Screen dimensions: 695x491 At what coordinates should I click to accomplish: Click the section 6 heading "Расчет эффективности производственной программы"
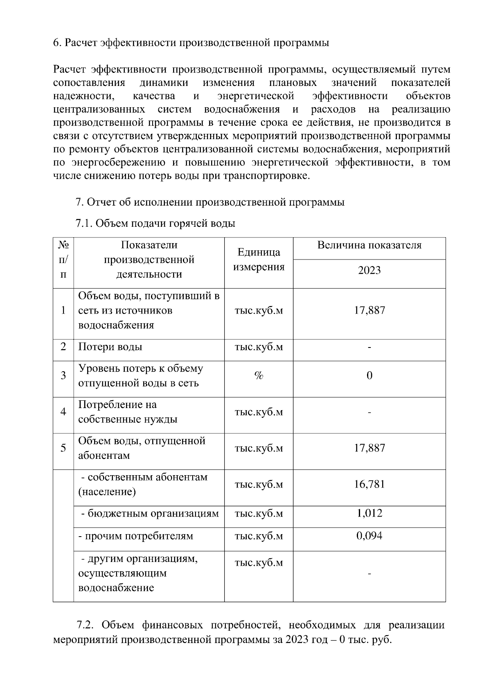(x=191, y=43)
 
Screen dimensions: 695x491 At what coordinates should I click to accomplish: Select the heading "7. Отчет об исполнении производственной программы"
(x=210, y=202)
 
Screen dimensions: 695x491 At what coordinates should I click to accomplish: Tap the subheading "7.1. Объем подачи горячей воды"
(x=155, y=223)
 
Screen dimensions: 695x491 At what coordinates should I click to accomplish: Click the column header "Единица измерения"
(x=259, y=259)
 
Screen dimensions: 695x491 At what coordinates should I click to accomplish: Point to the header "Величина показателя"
(x=369, y=246)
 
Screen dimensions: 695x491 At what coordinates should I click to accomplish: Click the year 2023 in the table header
(x=369, y=271)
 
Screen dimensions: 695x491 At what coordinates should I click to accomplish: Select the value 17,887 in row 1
(x=369, y=310)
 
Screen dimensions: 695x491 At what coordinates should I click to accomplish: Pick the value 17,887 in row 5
(x=369, y=448)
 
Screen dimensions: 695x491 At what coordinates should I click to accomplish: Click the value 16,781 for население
(x=369, y=485)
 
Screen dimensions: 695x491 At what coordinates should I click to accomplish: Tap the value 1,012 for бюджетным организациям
(x=369, y=513)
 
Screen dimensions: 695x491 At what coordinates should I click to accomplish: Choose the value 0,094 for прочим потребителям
(x=369, y=536)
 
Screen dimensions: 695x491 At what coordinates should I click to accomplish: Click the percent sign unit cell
(x=259, y=376)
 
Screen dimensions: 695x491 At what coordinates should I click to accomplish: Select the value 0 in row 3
(x=369, y=376)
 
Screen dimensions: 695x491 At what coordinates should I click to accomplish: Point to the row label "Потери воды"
(x=110, y=347)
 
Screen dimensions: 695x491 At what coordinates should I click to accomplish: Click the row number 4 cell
(x=63, y=412)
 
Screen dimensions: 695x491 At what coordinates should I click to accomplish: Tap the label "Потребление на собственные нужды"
(x=128, y=412)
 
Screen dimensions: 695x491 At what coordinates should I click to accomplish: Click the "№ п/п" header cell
(x=63, y=259)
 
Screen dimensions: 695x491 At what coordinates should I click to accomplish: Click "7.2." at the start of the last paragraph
(x=86, y=625)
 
